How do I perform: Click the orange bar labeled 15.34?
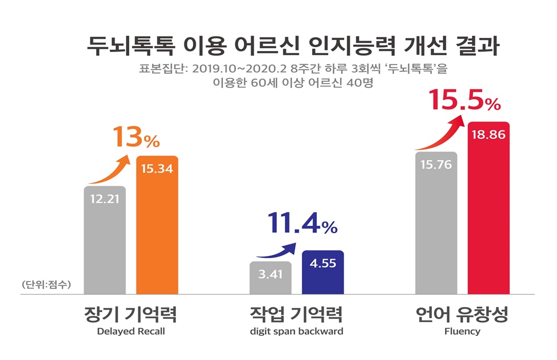[157, 226]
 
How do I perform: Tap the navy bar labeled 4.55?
[323, 273]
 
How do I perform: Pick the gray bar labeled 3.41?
[270, 278]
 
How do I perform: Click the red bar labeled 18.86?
[488, 210]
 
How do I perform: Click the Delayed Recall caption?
[130, 332]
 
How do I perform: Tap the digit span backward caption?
[297, 332]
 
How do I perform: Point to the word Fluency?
[462, 332]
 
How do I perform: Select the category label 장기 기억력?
[130, 315]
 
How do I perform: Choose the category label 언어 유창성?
[462, 315]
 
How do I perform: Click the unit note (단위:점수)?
[46, 285]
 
